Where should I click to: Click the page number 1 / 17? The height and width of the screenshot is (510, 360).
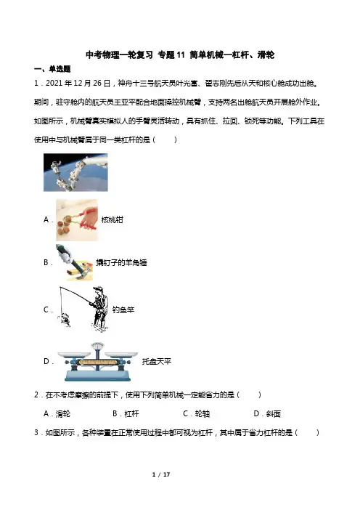click(161, 474)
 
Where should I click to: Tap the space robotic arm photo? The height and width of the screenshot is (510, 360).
click(75, 172)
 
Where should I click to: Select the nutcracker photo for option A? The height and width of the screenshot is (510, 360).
click(77, 220)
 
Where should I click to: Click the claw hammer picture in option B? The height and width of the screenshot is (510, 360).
click(75, 262)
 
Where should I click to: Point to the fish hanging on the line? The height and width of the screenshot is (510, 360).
click(65, 320)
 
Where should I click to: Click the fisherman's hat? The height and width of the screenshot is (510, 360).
click(98, 289)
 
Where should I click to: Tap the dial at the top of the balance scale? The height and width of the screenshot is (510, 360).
click(97, 347)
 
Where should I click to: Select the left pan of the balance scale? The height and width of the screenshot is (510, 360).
click(74, 355)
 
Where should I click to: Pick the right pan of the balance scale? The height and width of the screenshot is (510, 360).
click(121, 355)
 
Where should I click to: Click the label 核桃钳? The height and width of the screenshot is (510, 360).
click(112, 220)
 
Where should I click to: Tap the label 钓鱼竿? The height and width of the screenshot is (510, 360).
click(123, 309)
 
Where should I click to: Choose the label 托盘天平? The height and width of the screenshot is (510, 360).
click(157, 361)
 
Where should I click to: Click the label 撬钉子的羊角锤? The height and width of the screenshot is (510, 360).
click(121, 262)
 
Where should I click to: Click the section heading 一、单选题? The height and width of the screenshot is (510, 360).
click(52, 69)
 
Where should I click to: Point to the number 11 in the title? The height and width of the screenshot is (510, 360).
click(181, 55)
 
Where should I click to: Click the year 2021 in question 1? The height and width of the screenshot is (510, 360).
click(54, 84)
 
